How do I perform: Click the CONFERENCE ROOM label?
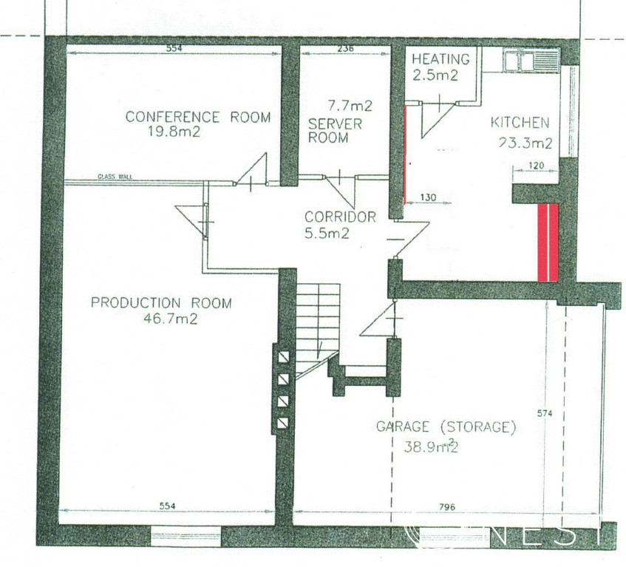[198, 117]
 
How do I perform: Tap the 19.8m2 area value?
[174, 132]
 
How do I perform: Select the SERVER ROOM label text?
[335, 131]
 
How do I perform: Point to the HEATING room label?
[440, 59]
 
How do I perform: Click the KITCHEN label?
[520, 123]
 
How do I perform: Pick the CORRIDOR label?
[340, 217]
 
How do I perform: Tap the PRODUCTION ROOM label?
[161, 302]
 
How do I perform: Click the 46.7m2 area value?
[171, 319]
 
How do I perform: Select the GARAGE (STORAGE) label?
[446, 427]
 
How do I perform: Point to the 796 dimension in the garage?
[447, 507]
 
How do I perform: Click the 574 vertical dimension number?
[545, 414]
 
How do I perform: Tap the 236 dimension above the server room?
[345, 49]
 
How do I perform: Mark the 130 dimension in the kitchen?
[429, 197]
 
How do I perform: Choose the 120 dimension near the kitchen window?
[536, 166]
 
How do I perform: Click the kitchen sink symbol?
[531, 61]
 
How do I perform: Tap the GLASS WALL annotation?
[115, 177]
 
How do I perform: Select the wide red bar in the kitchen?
[548, 242]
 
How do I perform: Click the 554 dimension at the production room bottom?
[167, 506]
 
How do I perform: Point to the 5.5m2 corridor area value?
[327, 233]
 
